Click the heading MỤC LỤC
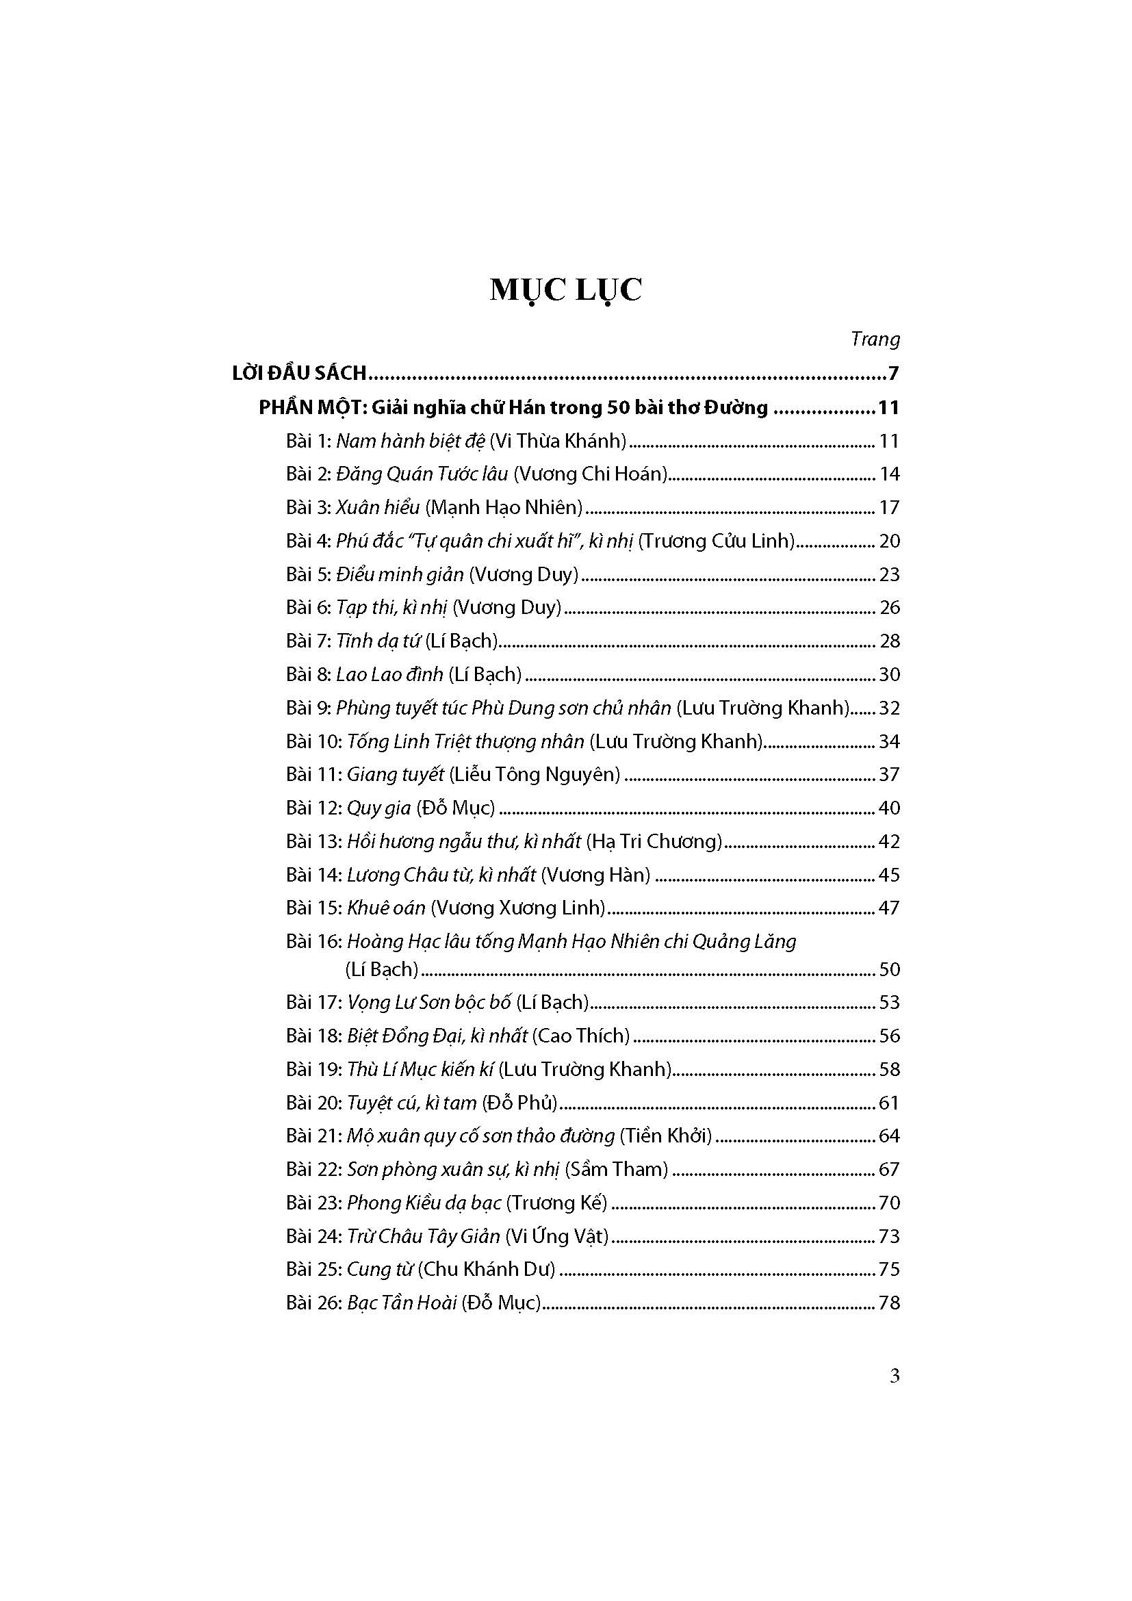point(565,290)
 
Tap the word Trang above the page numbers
point(875,340)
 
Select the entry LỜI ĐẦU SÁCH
point(299,374)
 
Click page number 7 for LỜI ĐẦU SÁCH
point(893,374)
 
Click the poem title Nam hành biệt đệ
point(411,441)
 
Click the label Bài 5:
point(308,574)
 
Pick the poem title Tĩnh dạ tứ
point(378,641)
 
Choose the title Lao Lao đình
point(389,674)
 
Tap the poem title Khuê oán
point(385,908)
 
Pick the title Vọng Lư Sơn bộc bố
point(428,1003)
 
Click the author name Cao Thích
point(580,1036)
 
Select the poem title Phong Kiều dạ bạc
point(424,1203)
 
